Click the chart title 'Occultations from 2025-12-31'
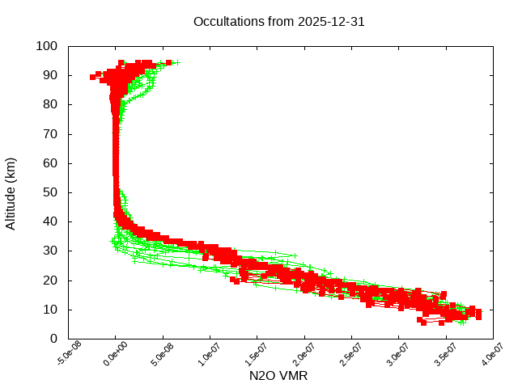pyautogui.click(x=279, y=22)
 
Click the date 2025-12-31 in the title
pyautogui.click(x=333, y=22)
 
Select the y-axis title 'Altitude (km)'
pyautogui.click(x=11, y=192)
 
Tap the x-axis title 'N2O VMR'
pyautogui.click(x=279, y=376)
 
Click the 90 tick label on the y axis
pyautogui.click(x=50, y=75)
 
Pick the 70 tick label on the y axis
pyautogui.click(x=50, y=133)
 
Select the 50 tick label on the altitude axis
pyautogui.click(x=50, y=192)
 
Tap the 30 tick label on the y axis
pyautogui.click(x=50, y=251)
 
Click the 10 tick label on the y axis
pyautogui.click(x=50, y=310)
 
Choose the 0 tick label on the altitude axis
pyautogui.click(x=53, y=339)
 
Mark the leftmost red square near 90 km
pyautogui.click(x=93, y=77)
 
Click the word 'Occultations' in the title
pyautogui.click(x=228, y=22)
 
